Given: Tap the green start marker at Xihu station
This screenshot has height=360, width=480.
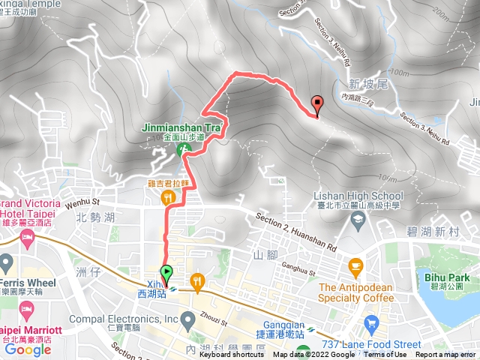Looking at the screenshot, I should [x=166, y=273].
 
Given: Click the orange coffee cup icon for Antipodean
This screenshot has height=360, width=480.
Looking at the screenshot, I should [x=355, y=265].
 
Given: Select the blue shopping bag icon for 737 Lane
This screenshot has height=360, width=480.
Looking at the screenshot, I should [x=370, y=323].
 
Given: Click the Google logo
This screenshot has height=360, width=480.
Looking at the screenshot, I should [x=28, y=349].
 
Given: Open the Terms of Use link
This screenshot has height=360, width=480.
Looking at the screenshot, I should [x=385, y=355].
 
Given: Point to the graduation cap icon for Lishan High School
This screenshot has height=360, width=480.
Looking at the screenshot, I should [x=358, y=218].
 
